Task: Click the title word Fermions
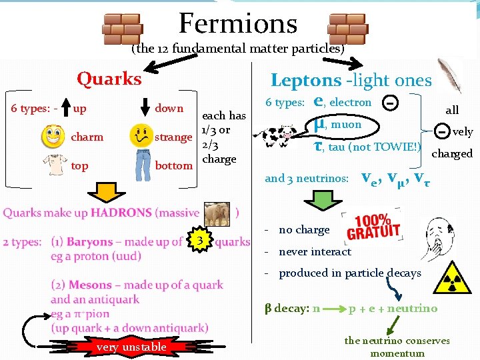(238, 24)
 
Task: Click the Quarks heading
(109, 79)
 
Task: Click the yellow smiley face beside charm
(53, 137)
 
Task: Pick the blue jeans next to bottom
(143, 165)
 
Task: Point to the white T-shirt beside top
(53, 165)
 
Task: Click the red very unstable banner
(131, 347)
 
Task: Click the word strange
(173, 137)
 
